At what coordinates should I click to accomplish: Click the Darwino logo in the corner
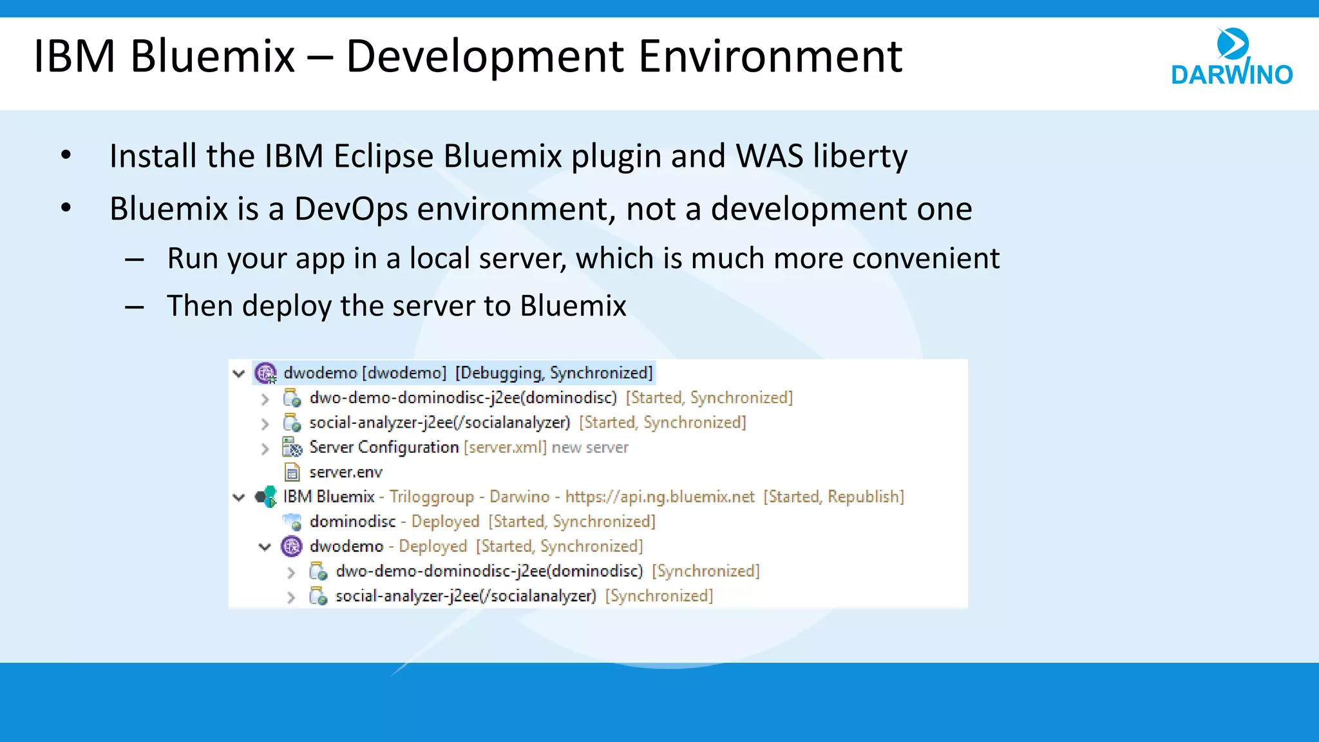[x=1231, y=58]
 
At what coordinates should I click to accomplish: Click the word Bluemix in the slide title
[x=213, y=57]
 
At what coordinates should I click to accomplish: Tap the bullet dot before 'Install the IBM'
[x=66, y=155]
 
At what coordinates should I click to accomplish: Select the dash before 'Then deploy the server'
[x=134, y=307]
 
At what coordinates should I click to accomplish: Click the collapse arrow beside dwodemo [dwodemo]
[x=239, y=374]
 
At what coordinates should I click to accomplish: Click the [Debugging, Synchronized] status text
[x=554, y=373]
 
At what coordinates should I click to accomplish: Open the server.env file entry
[x=346, y=472]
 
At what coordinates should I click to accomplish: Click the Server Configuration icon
[x=292, y=447]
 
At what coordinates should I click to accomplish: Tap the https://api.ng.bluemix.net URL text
[x=659, y=497]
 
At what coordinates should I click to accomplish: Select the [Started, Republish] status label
[x=833, y=497]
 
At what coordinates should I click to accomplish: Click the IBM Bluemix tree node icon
[x=265, y=497]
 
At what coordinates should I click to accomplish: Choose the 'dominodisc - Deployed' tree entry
[x=394, y=521]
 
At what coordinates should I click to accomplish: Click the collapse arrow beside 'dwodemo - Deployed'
[x=265, y=547]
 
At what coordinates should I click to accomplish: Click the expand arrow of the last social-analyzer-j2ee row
[x=291, y=597]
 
